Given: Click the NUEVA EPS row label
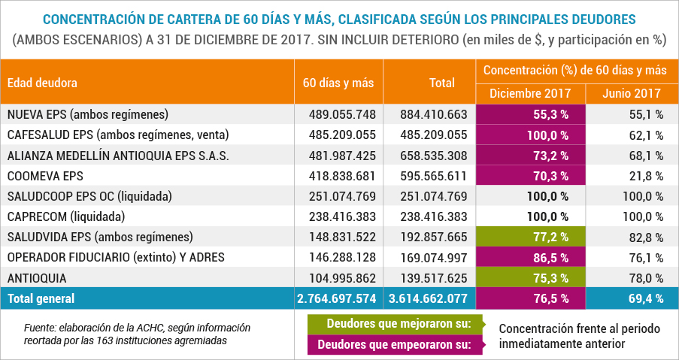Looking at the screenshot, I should [87, 114].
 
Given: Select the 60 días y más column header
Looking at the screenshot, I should [338, 83].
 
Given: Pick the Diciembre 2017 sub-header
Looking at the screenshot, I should [530, 94].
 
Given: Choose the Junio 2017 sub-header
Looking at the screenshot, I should [632, 94].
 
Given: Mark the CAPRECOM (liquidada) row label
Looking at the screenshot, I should [64, 216].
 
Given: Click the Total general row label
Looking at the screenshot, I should [41, 298].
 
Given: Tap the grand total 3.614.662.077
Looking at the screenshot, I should [429, 298].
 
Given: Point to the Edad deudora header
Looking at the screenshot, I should [42, 83].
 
